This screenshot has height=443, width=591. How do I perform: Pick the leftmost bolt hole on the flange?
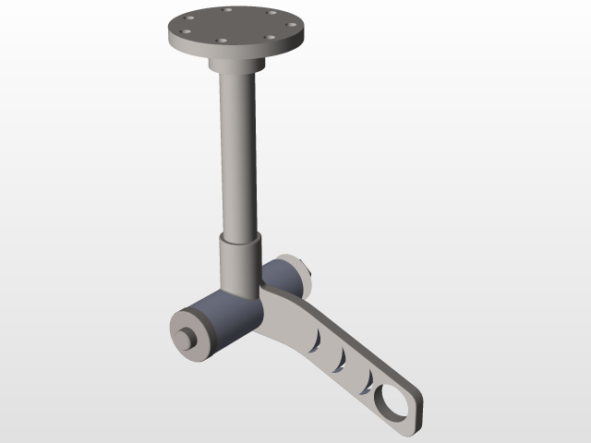184,30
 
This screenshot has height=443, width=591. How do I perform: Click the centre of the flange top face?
236,24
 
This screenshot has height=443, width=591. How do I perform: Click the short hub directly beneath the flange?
236,65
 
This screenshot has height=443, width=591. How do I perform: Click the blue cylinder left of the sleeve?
222,323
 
